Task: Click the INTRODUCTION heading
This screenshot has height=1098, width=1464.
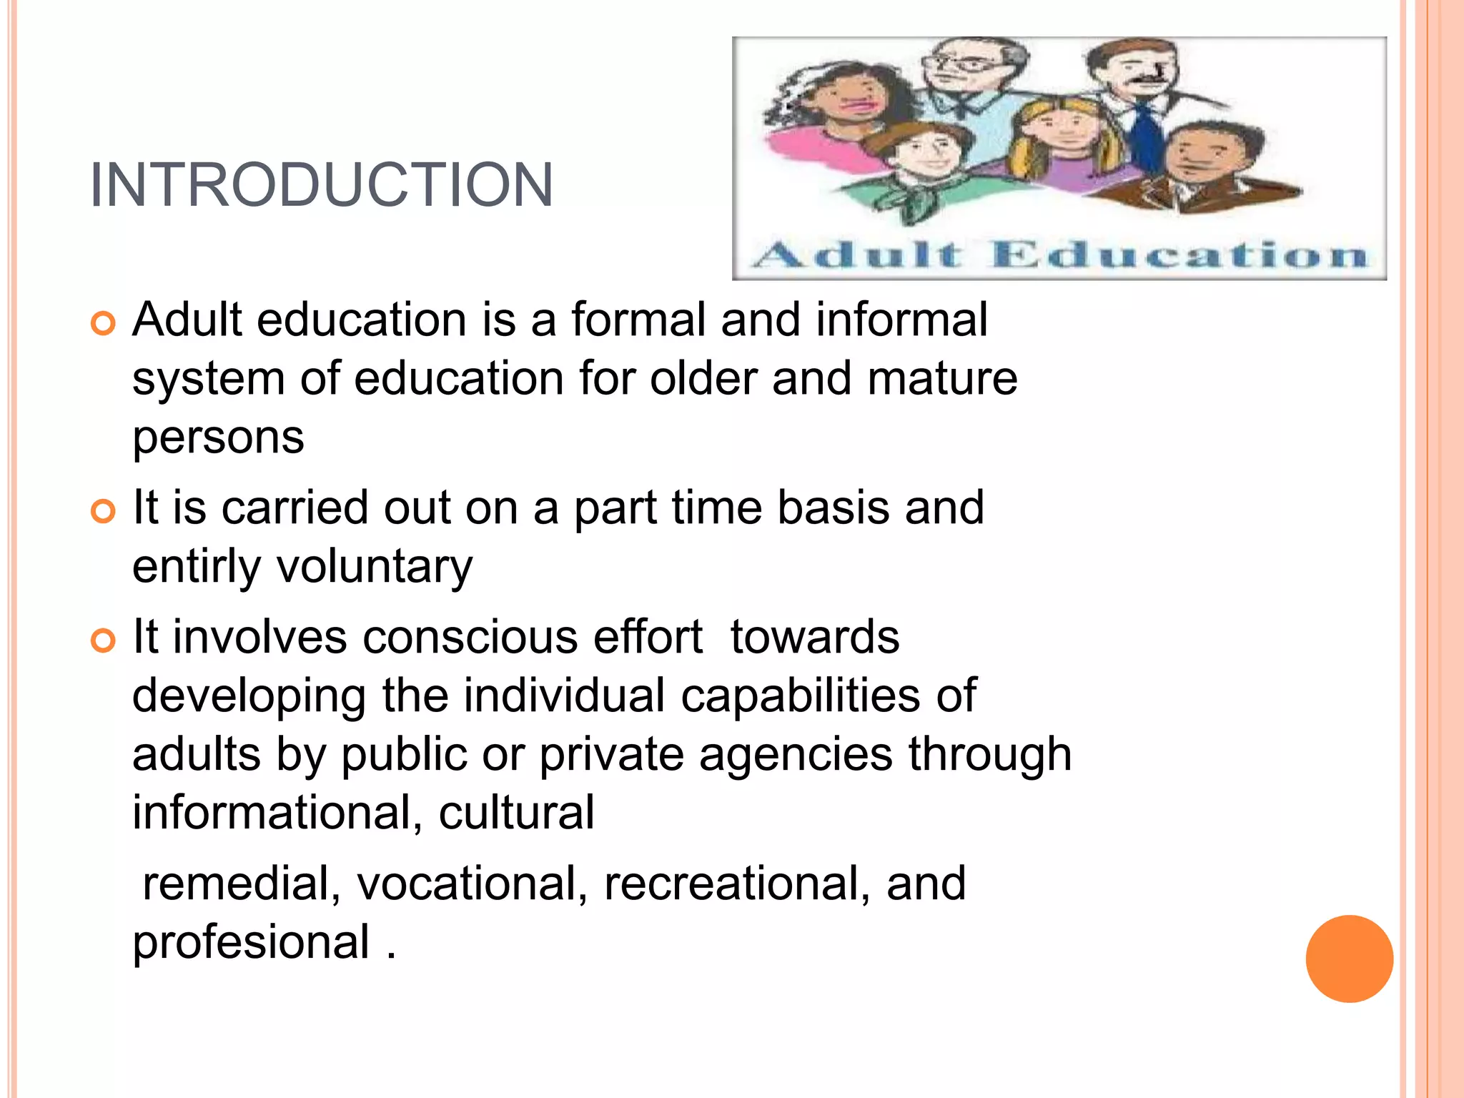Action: click(322, 185)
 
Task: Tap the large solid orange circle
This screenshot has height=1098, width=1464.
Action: click(1349, 959)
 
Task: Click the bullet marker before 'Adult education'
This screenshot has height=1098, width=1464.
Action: click(104, 324)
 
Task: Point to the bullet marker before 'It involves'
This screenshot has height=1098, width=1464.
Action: click(104, 640)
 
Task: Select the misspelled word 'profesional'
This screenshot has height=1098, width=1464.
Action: click(251, 943)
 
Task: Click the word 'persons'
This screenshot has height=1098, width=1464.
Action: click(218, 437)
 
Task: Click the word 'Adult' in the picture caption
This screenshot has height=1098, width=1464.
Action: click(858, 255)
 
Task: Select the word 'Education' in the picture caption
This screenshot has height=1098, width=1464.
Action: click(1179, 255)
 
